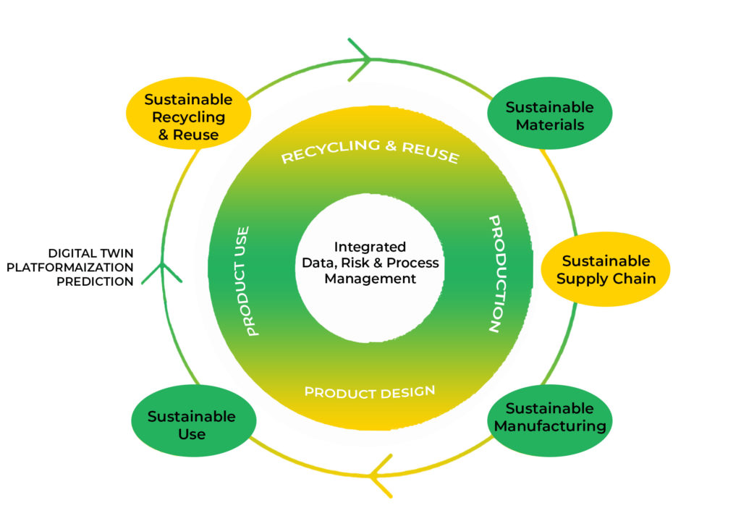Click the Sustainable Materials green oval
tap(549, 115)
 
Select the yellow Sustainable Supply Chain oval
tap(605, 269)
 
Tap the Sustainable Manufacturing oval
tap(550, 418)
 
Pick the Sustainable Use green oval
tap(192, 425)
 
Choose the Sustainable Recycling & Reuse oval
tap(188, 117)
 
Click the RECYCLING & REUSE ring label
tap(370, 151)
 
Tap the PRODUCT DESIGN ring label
tap(370, 392)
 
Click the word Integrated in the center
tap(370, 247)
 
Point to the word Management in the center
tap(370, 279)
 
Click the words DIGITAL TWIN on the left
tap(91, 253)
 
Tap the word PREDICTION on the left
tap(95, 282)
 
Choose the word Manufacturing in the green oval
tap(550, 426)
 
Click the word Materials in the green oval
tap(549, 124)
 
